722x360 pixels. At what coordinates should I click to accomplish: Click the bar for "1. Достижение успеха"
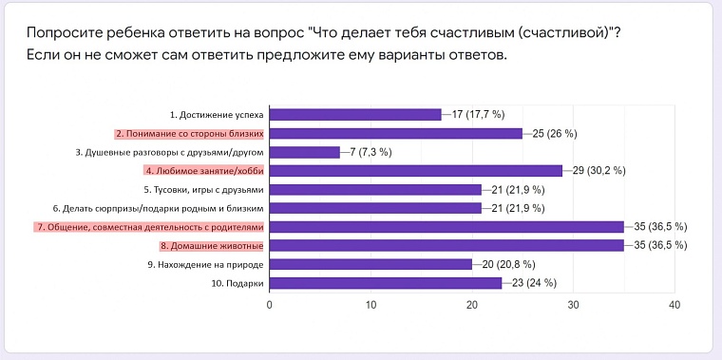pos(356,114)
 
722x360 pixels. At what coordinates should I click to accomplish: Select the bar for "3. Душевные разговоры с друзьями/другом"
pos(305,152)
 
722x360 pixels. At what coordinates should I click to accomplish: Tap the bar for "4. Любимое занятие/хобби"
pos(416,170)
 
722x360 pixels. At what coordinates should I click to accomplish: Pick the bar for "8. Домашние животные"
pos(446,245)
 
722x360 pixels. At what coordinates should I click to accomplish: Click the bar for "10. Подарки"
pos(386,282)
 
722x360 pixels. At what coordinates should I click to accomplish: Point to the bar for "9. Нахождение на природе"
pos(370,264)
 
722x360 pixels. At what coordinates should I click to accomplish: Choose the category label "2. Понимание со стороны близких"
pos(189,133)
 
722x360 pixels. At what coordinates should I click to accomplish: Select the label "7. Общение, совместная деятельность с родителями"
pos(149,226)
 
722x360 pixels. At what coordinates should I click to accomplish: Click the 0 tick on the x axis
pos(270,306)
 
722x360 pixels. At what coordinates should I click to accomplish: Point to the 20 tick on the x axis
pos(472,306)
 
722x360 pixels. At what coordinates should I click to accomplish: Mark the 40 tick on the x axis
pos(674,306)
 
